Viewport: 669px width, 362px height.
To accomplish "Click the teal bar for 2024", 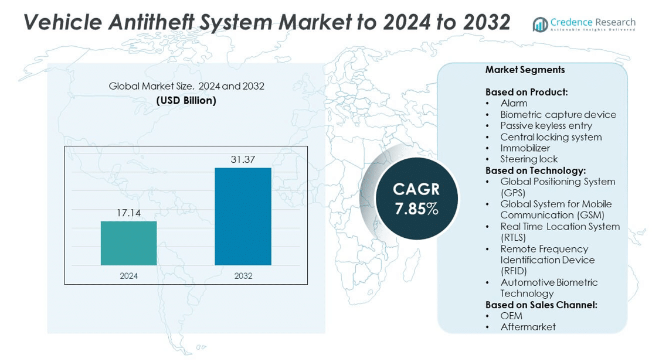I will click(x=128, y=243).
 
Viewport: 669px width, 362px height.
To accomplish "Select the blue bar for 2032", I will click(x=243, y=217).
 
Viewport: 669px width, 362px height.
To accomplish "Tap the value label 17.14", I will click(x=128, y=213).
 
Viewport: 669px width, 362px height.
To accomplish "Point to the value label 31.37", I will click(x=243, y=159).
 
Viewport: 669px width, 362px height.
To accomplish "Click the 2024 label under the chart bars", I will click(x=128, y=276).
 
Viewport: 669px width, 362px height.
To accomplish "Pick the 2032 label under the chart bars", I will click(x=243, y=276).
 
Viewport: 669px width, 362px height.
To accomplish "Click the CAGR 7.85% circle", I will click(x=416, y=199).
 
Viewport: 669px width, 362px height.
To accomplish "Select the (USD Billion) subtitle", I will click(x=186, y=101).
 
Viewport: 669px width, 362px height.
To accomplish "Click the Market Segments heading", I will click(x=525, y=70).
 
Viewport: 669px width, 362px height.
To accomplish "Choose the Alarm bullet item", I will click(x=514, y=103).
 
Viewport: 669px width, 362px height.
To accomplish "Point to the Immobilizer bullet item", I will click(x=525, y=148).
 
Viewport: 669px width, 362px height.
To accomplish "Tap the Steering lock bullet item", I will click(x=529, y=159).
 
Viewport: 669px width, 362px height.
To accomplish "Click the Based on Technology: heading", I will click(x=535, y=170).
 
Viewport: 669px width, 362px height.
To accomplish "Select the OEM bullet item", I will click(x=511, y=316).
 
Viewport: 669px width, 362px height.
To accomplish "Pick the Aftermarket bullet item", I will click(x=528, y=327).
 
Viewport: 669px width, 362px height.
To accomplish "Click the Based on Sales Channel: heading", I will click(x=541, y=305).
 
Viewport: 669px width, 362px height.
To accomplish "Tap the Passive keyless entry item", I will click(x=546, y=126).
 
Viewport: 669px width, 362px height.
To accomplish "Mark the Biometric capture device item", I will click(x=558, y=115).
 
